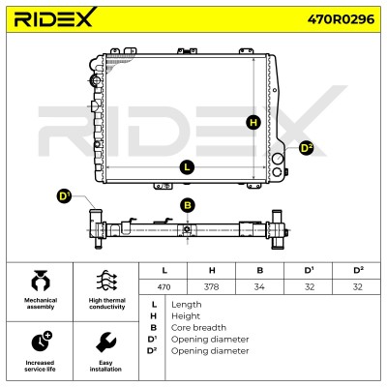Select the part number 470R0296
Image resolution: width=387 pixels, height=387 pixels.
[341, 19]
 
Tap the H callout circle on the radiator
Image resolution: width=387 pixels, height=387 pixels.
[253, 123]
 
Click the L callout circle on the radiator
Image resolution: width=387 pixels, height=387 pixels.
[187, 167]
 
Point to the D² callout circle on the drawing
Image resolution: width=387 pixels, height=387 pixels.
[306, 148]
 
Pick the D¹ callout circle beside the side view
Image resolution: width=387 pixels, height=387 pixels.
[65, 196]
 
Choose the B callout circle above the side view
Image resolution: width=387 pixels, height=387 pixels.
[188, 205]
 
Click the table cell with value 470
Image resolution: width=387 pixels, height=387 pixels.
[164, 286]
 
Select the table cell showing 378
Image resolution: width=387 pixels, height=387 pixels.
[212, 286]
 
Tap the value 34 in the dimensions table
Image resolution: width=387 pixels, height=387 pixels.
[259, 286]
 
